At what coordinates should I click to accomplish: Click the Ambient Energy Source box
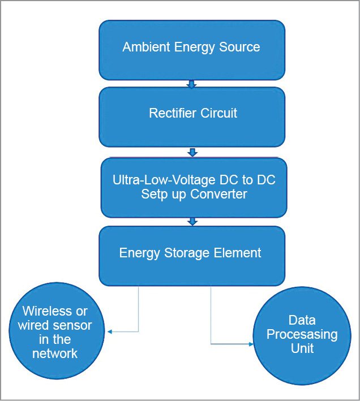191,50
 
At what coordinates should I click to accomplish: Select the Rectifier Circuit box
191,116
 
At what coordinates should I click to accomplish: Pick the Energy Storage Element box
191,255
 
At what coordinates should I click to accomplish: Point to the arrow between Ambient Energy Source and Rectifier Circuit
191,84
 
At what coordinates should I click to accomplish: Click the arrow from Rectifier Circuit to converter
192,152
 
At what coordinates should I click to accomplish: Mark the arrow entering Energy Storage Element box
192,222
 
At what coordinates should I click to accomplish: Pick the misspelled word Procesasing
302,334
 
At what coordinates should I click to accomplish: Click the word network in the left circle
55,353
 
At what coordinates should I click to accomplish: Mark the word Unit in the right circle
302,348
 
